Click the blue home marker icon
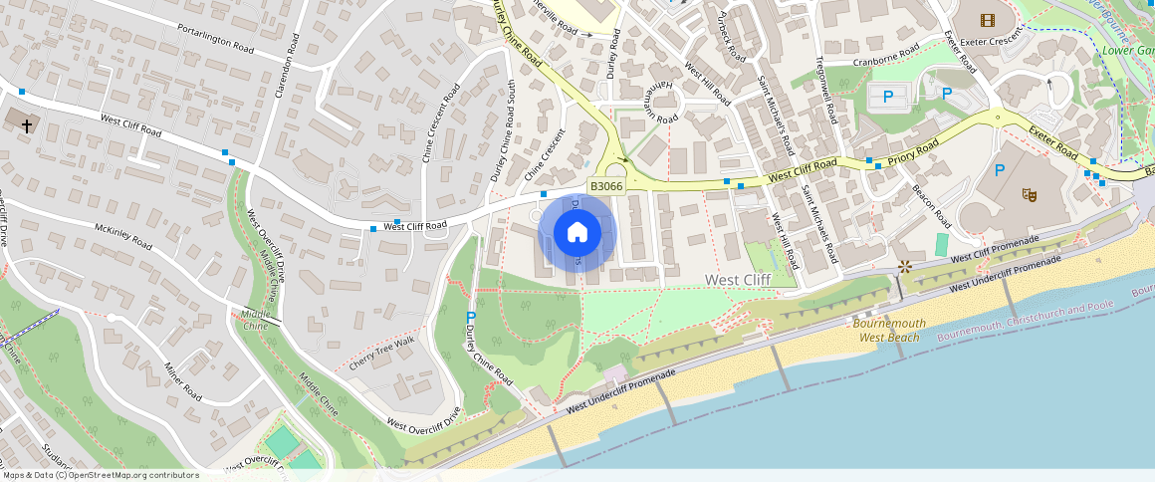coord(577,234)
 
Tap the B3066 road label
coord(606,186)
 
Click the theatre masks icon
coord(1030,194)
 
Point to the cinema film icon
coord(987,20)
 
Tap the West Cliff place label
coord(738,281)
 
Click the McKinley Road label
coord(123,236)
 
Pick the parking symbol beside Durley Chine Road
coord(471,317)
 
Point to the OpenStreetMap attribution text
coord(100,475)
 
